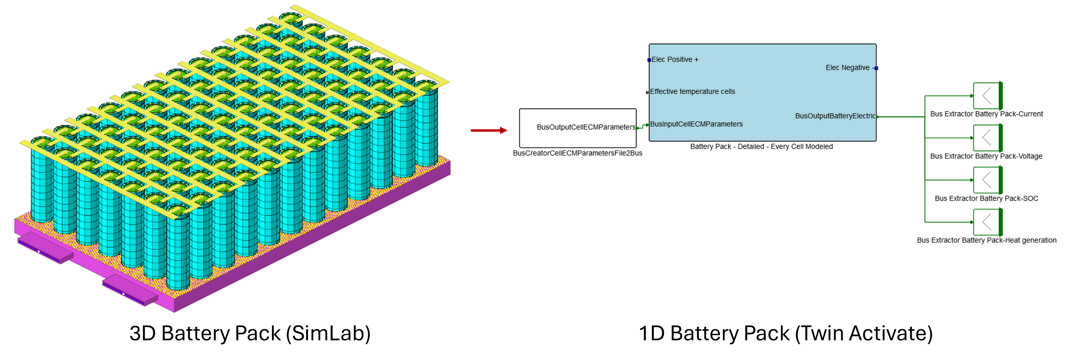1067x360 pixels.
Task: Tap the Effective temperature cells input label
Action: tap(693, 91)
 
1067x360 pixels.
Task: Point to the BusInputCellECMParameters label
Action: tap(696, 124)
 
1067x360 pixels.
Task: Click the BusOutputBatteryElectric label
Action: tap(835, 116)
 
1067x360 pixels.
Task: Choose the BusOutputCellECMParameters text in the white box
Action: tap(586, 127)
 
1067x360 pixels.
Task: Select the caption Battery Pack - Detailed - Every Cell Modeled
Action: tap(761, 147)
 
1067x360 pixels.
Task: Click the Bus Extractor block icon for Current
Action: tap(987, 96)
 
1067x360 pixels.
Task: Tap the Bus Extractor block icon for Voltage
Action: tap(987, 138)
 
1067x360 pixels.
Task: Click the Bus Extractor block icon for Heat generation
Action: tap(987, 222)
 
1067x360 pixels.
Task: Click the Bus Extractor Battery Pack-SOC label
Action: tap(986, 198)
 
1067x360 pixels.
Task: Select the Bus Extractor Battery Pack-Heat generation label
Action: tap(986, 240)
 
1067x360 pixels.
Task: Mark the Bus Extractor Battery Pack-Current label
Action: tap(986, 114)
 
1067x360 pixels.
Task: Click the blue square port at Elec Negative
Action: tap(876, 68)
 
